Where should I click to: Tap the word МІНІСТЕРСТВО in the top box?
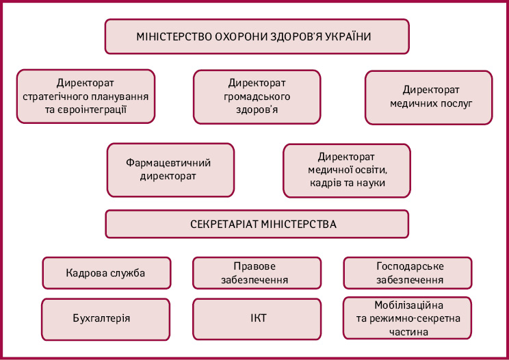coord(174,36)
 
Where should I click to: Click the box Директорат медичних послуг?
coord(428,97)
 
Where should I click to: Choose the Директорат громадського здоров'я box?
coord(257,97)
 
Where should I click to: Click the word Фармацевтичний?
coord(168,163)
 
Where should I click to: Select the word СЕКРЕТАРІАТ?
coord(224,224)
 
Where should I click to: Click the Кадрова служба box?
coord(107,273)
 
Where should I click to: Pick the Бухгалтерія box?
coord(105,320)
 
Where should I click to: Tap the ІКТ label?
coord(259,318)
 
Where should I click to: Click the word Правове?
coord(254,266)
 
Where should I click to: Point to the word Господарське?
coord(410,266)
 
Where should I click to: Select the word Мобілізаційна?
coord(408,305)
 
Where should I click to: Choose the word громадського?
coord(257,97)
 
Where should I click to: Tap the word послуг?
coord(457,103)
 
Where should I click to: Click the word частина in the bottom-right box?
coord(408,332)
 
